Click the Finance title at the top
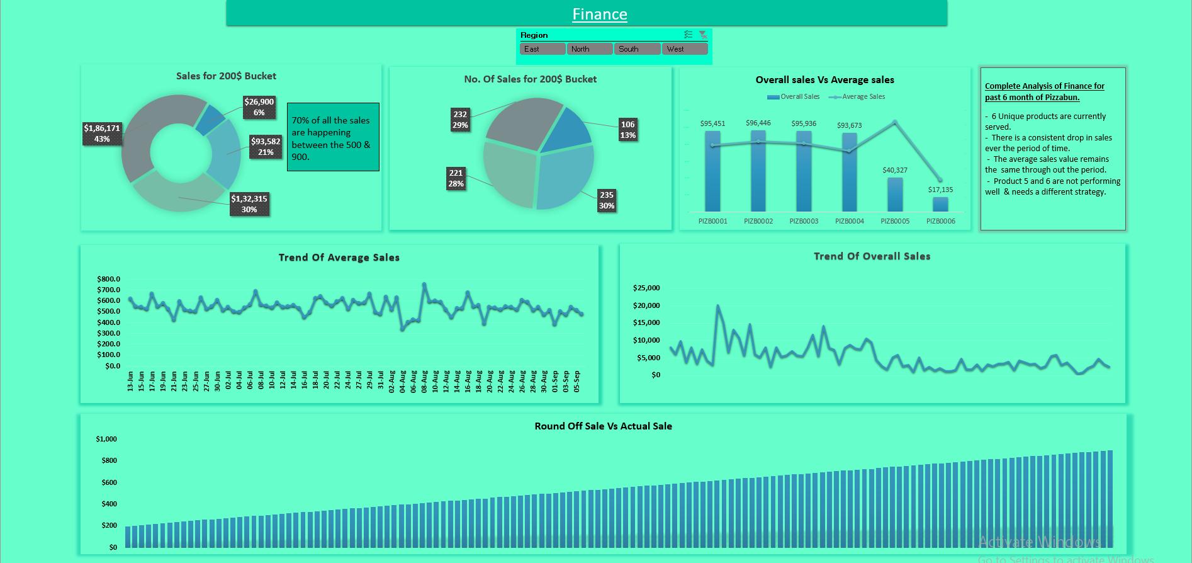click(x=599, y=14)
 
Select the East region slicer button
click(x=542, y=49)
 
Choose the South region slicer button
click(x=636, y=49)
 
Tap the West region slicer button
click(x=684, y=49)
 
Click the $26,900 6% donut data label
click(x=259, y=107)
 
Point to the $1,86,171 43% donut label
click(x=102, y=134)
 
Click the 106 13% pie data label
click(x=627, y=130)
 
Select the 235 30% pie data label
click(x=606, y=200)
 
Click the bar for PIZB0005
click(x=895, y=195)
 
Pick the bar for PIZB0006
click(x=940, y=205)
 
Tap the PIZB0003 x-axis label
click(x=804, y=222)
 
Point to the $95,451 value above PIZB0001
click(x=712, y=123)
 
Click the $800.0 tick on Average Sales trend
click(x=108, y=279)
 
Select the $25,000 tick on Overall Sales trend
click(x=646, y=288)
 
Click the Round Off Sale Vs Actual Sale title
click(x=603, y=426)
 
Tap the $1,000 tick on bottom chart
click(x=106, y=439)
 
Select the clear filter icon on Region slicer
click(x=703, y=35)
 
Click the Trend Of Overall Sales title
click(x=872, y=256)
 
